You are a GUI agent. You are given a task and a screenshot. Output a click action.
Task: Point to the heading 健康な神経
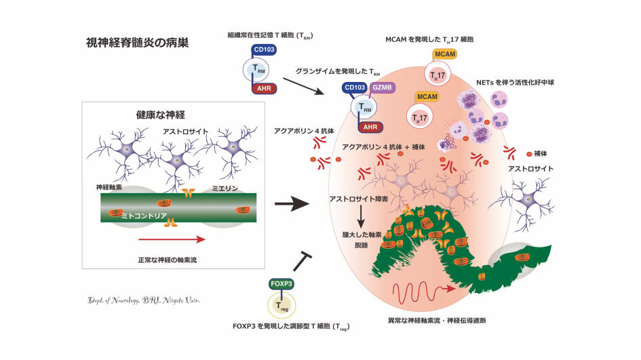(151, 113)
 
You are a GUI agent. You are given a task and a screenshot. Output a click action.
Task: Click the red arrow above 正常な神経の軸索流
(170, 239)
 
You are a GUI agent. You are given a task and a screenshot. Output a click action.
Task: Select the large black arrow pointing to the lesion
(292, 203)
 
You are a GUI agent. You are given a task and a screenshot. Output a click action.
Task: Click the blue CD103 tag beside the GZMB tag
(355, 88)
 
